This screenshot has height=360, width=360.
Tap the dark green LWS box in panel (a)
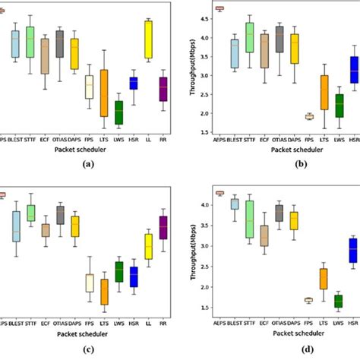point(118,112)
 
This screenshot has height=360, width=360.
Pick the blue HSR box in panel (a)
point(133,83)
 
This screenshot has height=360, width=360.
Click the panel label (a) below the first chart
point(89,164)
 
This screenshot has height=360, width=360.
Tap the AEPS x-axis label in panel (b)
point(220,141)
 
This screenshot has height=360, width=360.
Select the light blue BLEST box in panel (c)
point(16,226)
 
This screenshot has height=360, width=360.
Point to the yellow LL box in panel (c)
point(148,247)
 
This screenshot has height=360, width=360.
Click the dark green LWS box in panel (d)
point(338,302)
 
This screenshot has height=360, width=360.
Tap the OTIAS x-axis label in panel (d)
point(279,323)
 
